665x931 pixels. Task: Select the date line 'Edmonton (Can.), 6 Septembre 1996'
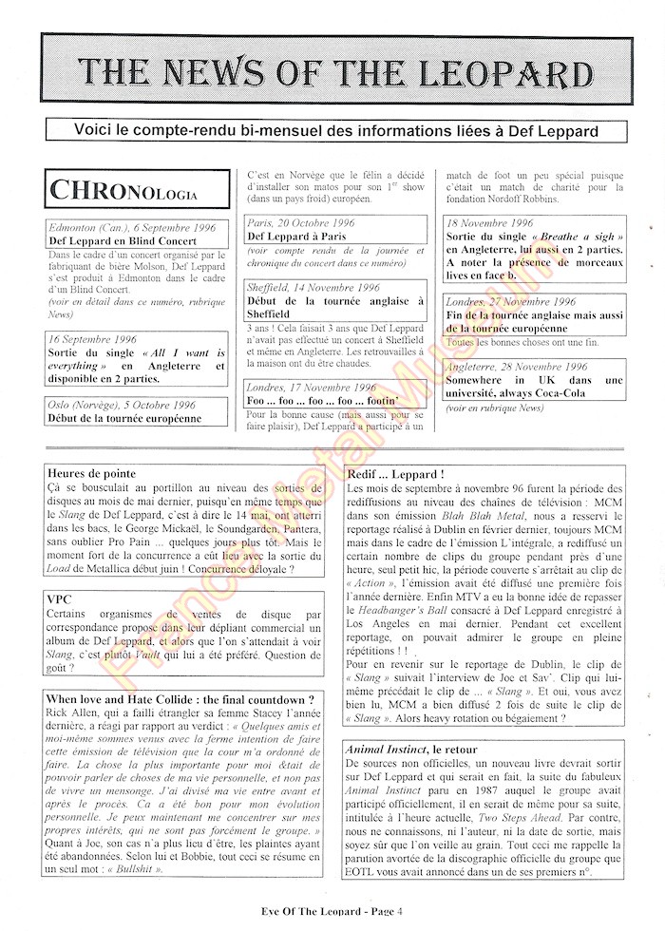coord(131,228)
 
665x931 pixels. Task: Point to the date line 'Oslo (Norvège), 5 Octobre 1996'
coord(122,405)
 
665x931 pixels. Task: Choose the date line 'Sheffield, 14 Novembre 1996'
coord(313,287)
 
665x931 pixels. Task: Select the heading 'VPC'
coord(60,599)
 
